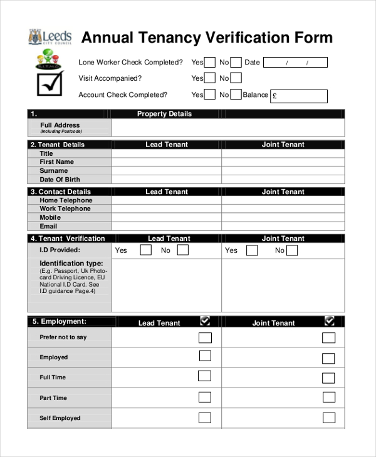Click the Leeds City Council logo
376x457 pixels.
(x=50, y=38)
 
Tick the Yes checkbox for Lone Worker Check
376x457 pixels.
(x=211, y=62)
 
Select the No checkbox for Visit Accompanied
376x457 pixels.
(x=236, y=78)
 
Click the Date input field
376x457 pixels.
(x=295, y=63)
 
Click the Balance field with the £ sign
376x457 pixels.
(x=299, y=96)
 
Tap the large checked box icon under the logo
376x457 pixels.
(x=50, y=83)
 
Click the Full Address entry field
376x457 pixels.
(x=228, y=128)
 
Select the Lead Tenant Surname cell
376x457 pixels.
(x=167, y=171)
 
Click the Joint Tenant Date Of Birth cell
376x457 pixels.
(x=283, y=180)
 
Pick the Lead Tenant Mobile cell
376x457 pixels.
(x=167, y=218)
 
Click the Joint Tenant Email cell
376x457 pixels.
(x=283, y=227)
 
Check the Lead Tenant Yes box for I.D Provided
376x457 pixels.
(x=145, y=250)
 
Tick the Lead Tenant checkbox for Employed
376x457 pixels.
(x=205, y=356)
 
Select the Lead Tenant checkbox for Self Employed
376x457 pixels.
(x=205, y=418)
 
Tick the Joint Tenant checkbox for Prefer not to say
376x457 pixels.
(x=328, y=338)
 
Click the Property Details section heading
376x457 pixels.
(x=164, y=114)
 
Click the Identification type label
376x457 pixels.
(x=71, y=264)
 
